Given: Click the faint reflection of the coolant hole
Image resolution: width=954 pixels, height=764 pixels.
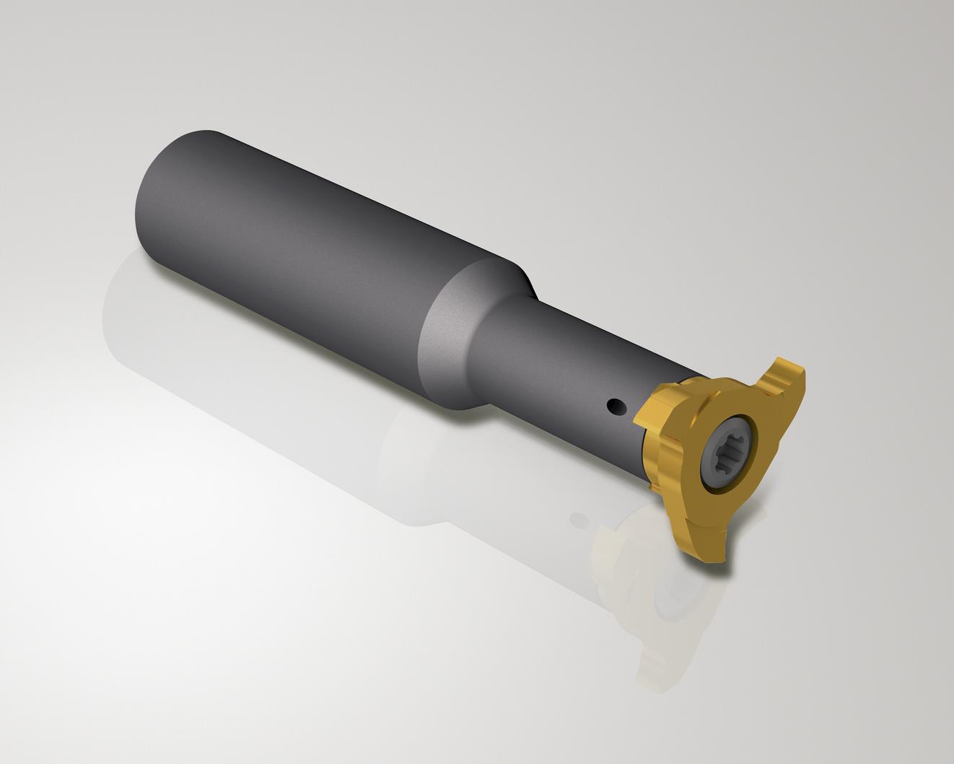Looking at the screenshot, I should (x=577, y=518).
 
